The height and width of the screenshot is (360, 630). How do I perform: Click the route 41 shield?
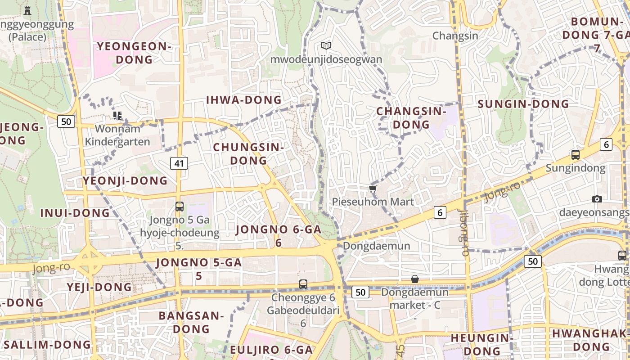(179, 163)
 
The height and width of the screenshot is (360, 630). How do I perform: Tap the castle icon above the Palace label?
(27, 10)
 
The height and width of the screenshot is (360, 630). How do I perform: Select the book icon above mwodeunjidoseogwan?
(326, 45)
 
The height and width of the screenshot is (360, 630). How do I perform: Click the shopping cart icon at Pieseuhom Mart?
(373, 189)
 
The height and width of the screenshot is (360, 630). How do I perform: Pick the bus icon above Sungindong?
(575, 155)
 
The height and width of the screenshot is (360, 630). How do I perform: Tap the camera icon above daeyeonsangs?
(597, 199)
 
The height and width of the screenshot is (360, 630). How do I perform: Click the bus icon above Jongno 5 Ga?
(180, 207)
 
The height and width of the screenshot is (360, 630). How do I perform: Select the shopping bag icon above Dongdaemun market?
(415, 279)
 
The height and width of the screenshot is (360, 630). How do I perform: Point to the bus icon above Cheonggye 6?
(303, 284)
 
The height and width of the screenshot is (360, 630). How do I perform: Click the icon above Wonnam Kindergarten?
(117, 116)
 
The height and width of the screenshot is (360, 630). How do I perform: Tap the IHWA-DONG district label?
(243, 100)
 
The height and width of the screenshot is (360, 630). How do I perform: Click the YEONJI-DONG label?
(125, 181)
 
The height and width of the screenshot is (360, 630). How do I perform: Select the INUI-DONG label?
(75, 213)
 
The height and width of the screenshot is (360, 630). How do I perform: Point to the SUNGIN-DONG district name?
(523, 104)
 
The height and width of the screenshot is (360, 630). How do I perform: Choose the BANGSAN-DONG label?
(191, 322)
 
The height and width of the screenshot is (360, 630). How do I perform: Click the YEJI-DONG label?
(99, 287)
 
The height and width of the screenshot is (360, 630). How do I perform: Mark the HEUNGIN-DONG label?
(482, 344)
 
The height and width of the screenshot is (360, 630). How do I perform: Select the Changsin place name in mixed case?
(455, 36)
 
